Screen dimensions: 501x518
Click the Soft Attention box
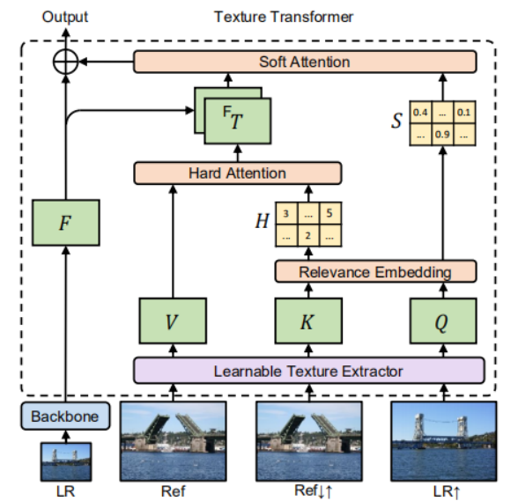pyautogui.click(x=305, y=62)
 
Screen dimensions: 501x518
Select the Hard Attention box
pyautogui.click(x=237, y=173)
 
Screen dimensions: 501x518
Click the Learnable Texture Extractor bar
pyautogui.click(x=308, y=371)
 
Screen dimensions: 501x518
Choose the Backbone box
pyautogui.click(x=66, y=415)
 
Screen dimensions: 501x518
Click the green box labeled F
pyautogui.click(x=66, y=225)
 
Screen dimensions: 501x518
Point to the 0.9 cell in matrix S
pyautogui.click(x=440, y=135)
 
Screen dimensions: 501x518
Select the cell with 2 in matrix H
pyautogui.click(x=308, y=235)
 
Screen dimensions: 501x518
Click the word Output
pyautogui.click(x=65, y=17)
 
